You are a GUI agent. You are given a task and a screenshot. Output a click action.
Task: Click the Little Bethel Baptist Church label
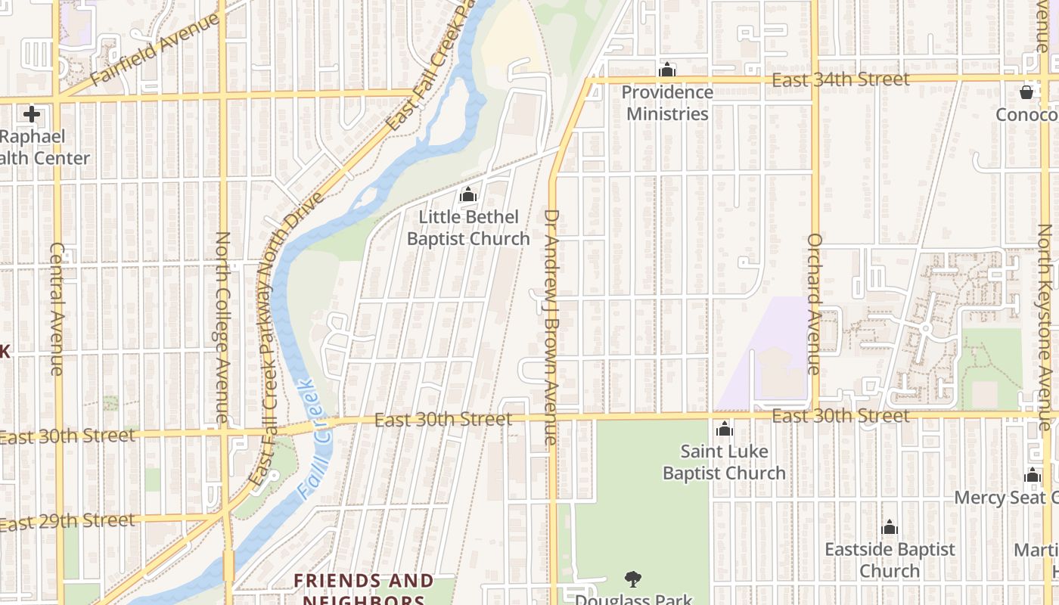coord(468,228)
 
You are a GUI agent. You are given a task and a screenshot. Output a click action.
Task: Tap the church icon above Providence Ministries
coord(666,70)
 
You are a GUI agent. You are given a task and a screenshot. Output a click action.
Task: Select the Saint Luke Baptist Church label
coord(724,462)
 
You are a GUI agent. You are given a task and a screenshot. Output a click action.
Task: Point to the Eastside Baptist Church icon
coord(890,527)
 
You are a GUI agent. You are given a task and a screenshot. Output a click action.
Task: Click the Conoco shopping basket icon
coord(1026,92)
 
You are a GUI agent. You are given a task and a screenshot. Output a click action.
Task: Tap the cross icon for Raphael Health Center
coord(31,114)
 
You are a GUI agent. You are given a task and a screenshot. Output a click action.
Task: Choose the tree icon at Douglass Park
coord(633,579)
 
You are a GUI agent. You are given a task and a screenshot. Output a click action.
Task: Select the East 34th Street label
coord(840,79)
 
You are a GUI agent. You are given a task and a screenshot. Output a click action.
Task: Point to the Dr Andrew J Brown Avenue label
coord(551,327)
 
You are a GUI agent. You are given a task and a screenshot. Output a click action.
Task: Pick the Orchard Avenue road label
coord(815,304)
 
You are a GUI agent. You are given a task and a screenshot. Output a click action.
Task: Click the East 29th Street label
coord(67,522)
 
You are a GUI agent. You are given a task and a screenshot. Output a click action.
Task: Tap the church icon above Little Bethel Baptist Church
coord(468,195)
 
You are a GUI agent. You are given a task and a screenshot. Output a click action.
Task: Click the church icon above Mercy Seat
coord(1033,475)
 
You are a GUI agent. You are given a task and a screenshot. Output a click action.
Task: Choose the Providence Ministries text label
coord(667,103)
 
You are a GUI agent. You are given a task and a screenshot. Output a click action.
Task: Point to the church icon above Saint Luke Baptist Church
coord(725,430)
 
